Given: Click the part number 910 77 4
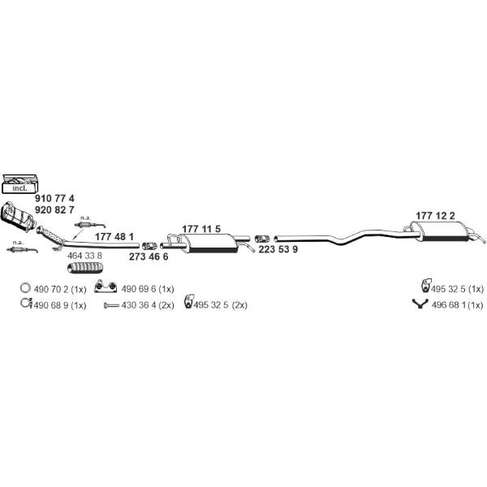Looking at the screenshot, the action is click(x=54, y=198).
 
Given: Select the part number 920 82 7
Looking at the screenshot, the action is click(x=54, y=210).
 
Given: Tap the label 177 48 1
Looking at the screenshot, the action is click(x=114, y=237).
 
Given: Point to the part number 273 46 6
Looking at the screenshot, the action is click(x=149, y=256).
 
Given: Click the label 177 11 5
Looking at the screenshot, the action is click(x=201, y=229).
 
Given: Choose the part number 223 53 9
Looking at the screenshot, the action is click(x=278, y=249).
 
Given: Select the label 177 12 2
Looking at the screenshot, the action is click(x=435, y=216).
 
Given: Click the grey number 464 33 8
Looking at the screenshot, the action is click(x=84, y=256).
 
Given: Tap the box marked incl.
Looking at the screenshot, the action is click(x=19, y=184).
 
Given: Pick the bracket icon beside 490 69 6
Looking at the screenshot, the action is click(x=106, y=287).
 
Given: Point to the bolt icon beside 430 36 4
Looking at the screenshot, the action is click(x=111, y=306).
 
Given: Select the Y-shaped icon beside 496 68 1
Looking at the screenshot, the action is click(x=420, y=304).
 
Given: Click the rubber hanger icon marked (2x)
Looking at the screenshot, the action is click(x=189, y=301).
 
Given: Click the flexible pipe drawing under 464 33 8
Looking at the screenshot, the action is click(x=85, y=268).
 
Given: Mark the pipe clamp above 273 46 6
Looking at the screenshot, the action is click(x=149, y=246).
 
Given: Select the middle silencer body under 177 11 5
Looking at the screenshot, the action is click(x=209, y=243).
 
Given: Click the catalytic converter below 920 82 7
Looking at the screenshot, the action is click(x=18, y=217).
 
